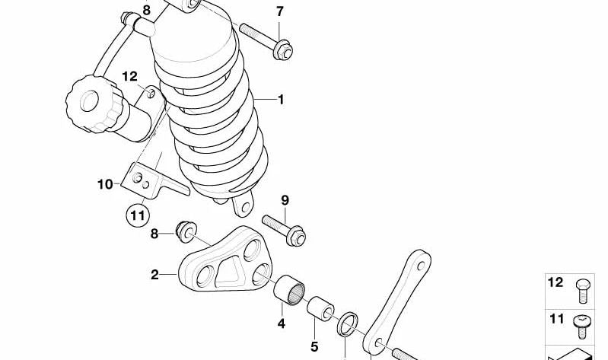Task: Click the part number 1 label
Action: tap(280, 100)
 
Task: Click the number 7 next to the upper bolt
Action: tap(279, 11)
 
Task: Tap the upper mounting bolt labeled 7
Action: tap(263, 37)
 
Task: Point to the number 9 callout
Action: tap(285, 201)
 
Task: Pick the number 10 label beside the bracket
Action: tap(104, 183)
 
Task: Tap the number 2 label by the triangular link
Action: tap(154, 275)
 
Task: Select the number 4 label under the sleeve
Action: tap(281, 323)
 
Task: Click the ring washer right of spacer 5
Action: tap(348, 323)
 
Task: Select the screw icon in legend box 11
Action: tap(579, 323)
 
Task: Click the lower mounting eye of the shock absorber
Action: tap(244, 205)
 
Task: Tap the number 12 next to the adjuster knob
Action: tap(130, 76)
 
